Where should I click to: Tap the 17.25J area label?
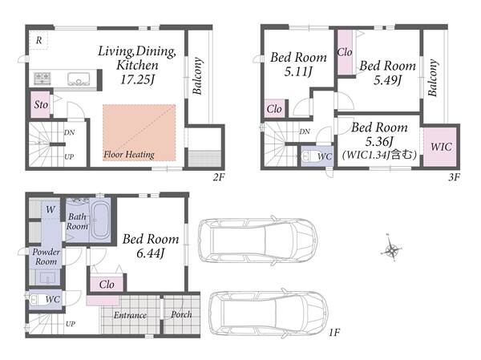tap(137, 80)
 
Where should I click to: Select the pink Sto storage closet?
tap(41, 105)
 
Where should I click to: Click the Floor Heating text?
tap(129, 155)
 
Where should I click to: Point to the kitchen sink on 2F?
tap(79, 79)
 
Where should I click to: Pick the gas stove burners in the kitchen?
tap(42, 79)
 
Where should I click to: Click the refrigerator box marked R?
tap(38, 40)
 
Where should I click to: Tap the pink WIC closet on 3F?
tap(440, 147)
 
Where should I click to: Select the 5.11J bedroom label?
tap(298, 72)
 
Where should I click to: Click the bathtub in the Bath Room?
tap(100, 220)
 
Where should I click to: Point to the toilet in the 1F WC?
tap(35, 299)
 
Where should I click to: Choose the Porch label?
tap(181, 314)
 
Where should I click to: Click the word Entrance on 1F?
tap(130, 315)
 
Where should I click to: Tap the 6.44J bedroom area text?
tap(151, 253)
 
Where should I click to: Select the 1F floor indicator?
tap(334, 332)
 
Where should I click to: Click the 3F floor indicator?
tap(454, 176)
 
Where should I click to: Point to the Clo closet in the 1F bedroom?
tap(107, 285)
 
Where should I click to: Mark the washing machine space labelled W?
tap(51, 209)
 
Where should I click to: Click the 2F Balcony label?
tap(197, 76)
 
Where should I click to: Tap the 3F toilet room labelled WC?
tap(317, 156)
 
